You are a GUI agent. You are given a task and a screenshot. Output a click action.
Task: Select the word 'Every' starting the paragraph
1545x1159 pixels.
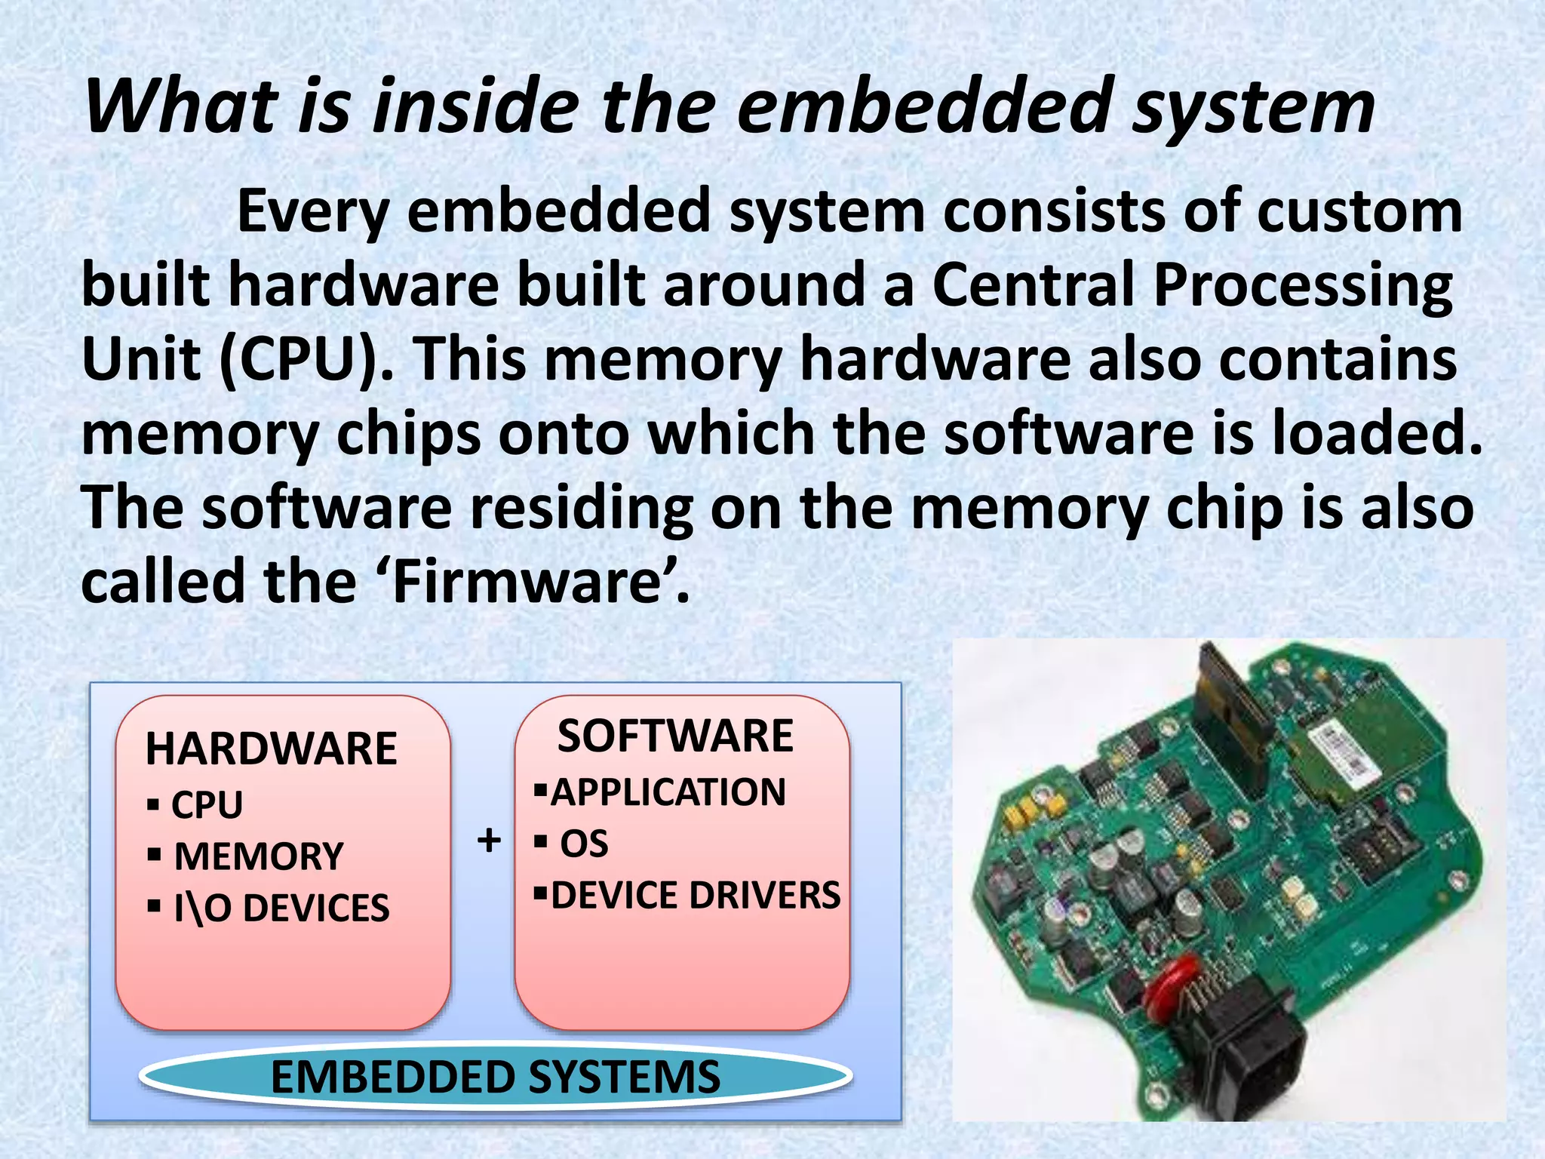(x=312, y=211)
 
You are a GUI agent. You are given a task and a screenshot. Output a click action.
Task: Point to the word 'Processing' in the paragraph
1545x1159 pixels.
(x=1303, y=285)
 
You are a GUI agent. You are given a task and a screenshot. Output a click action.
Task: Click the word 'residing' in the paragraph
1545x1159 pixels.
(x=582, y=508)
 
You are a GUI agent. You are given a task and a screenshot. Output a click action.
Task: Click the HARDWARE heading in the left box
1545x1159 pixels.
(x=271, y=749)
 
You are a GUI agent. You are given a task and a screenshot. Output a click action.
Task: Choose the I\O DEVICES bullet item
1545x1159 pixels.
(x=281, y=908)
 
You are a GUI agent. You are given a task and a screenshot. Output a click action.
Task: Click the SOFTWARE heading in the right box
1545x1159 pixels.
(x=675, y=736)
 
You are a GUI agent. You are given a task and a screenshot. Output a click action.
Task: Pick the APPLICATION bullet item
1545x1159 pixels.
(x=668, y=792)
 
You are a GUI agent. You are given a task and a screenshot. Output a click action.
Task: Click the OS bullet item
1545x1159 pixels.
(x=583, y=844)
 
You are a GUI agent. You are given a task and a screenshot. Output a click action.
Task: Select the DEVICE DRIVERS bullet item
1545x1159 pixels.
(x=695, y=896)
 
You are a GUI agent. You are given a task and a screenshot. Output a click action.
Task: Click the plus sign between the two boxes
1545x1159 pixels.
(x=490, y=840)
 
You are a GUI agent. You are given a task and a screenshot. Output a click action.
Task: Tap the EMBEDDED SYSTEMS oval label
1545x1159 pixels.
(x=495, y=1077)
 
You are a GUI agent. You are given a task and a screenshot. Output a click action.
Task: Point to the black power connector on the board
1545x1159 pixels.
(x=1252, y=1049)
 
